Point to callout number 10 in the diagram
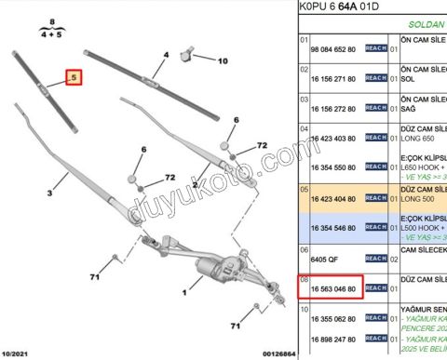222,60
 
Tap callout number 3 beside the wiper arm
51,192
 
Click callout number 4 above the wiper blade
165,55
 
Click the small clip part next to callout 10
193,51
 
